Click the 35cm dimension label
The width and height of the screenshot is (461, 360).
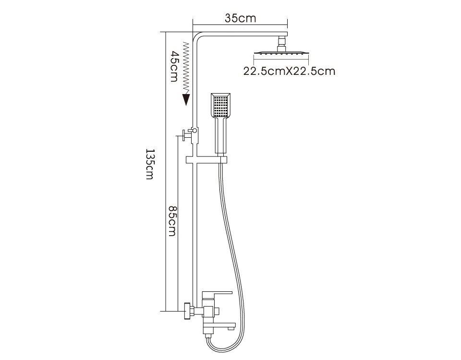click(240, 18)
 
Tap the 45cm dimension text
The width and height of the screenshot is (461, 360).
click(175, 66)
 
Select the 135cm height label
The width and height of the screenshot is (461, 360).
click(150, 164)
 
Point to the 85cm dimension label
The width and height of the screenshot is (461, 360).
click(172, 220)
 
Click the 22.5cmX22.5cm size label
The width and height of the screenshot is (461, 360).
click(289, 71)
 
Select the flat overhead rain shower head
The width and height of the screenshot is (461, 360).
click(281, 53)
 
